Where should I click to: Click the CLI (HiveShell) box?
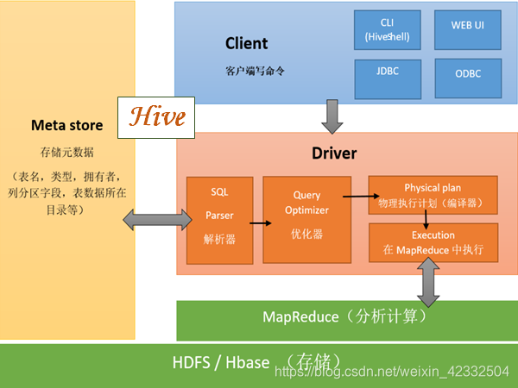[387, 29]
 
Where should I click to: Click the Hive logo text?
[156, 116]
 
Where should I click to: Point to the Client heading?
[246, 43]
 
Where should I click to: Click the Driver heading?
[333, 153]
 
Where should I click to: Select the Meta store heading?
[66, 125]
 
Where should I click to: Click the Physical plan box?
[433, 196]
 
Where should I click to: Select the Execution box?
[433, 242]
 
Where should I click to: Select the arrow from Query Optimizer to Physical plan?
[358, 196]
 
